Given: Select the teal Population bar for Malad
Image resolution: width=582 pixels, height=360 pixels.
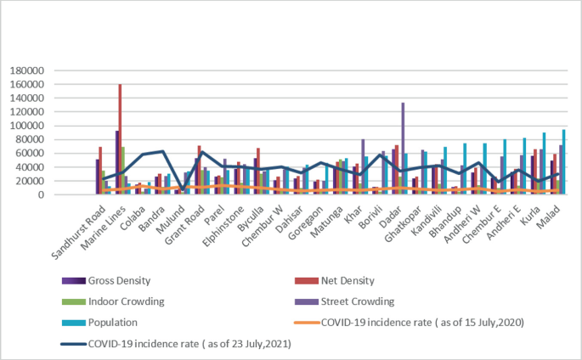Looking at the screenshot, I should (565, 162).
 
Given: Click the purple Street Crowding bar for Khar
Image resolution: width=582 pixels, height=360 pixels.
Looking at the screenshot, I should (363, 166).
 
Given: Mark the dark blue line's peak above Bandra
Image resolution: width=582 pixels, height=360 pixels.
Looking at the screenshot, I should (161, 151).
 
